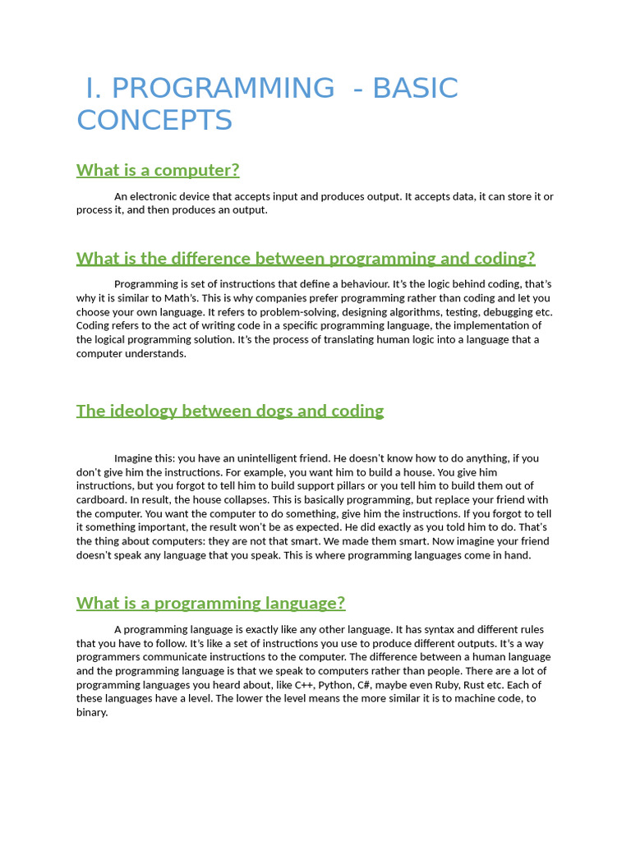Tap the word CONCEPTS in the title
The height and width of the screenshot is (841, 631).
coord(154,121)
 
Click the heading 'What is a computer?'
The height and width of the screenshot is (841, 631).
coord(158,170)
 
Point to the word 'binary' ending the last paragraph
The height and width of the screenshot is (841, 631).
coord(91,713)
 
